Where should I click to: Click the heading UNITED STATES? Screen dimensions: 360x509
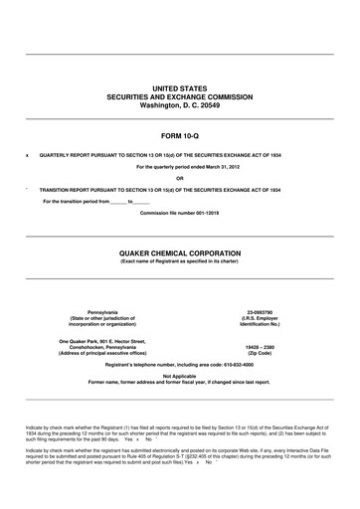(180, 87)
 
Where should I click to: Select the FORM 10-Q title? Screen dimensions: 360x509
(180, 133)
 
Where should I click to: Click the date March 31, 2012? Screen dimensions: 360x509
(214, 167)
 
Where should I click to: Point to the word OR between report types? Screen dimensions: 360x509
(180, 178)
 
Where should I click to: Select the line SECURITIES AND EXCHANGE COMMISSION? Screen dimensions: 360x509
(180, 96)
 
